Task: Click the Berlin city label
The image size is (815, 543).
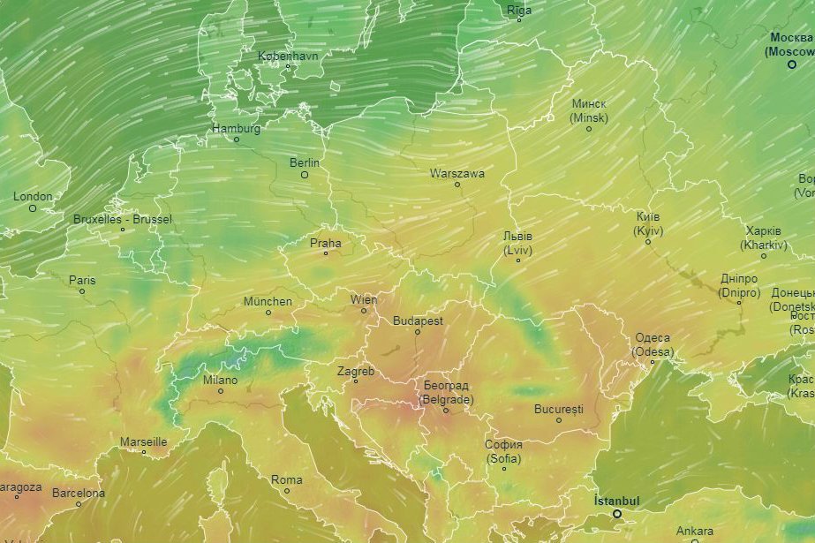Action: (x=304, y=162)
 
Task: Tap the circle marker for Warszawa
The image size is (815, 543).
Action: (x=457, y=185)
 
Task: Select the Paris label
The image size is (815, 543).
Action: (x=82, y=280)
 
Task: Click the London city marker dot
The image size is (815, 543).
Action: (x=33, y=208)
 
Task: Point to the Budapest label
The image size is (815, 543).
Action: (x=418, y=321)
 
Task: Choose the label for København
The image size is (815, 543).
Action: (x=287, y=56)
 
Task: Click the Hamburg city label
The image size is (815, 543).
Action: (x=236, y=128)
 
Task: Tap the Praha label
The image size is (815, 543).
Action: (x=325, y=243)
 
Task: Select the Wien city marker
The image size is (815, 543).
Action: (x=363, y=311)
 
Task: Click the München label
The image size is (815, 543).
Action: (x=268, y=301)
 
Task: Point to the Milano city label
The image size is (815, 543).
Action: (x=220, y=380)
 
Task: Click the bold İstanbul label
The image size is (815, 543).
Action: (x=616, y=502)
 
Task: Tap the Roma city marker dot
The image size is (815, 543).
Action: (x=286, y=491)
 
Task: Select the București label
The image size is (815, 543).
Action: (x=559, y=409)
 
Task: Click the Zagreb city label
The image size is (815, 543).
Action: (x=356, y=371)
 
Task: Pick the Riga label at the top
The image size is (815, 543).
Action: (x=519, y=11)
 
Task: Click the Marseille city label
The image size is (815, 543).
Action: (x=143, y=441)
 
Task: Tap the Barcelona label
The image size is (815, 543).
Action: (x=78, y=493)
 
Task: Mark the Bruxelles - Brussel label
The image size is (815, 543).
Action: (x=123, y=219)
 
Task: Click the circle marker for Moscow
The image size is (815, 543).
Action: (x=792, y=64)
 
